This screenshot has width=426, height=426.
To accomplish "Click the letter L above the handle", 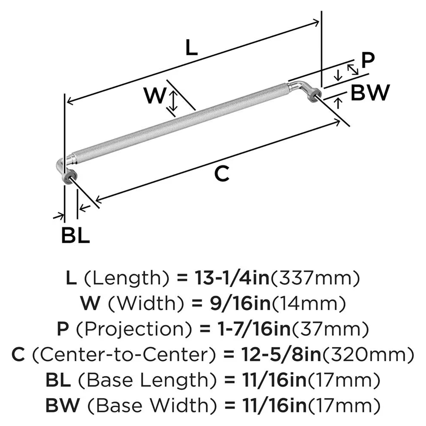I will [192, 48].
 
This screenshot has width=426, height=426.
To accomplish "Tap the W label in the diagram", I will [154, 96].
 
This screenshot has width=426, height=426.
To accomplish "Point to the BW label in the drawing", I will [370, 92].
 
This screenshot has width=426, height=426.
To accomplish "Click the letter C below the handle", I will [222, 174].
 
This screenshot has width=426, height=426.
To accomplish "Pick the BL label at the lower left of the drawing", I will [75, 236].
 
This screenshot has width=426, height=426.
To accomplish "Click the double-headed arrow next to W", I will [173, 102].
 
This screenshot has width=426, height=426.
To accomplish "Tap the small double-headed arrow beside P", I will [353, 69].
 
